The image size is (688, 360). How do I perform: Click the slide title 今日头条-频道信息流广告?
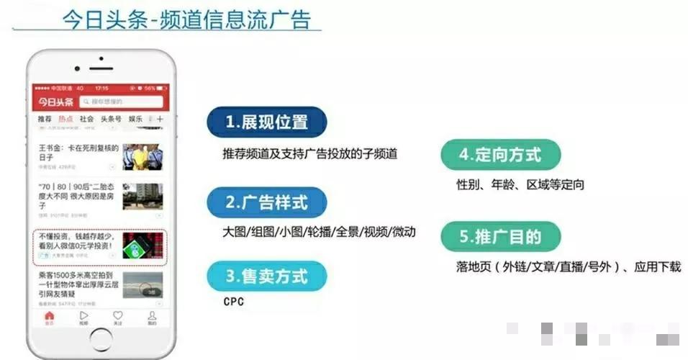pyautogui.click(x=186, y=19)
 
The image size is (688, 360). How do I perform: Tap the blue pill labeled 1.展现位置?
pyautogui.click(x=266, y=122)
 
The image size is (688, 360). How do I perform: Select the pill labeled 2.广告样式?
pyautogui.click(x=266, y=202)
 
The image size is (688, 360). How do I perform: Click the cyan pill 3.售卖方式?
pyautogui.click(x=266, y=276)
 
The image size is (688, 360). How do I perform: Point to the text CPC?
pyautogui.click(x=234, y=302)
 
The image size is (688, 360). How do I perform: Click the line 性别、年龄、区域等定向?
pyautogui.click(x=520, y=185)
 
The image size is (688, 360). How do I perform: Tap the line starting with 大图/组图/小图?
pyautogui.click(x=319, y=233)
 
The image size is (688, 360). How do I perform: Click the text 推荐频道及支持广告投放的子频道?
pyautogui.click(x=310, y=153)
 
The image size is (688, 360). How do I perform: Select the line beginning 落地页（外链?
pyautogui.click(x=568, y=266)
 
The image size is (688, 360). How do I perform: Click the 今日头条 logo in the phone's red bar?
pyautogui.click(x=56, y=102)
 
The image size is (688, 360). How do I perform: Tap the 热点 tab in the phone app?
pyautogui.click(x=65, y=119)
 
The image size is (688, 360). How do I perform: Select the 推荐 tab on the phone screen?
pyautogui.click(x=45, y=119)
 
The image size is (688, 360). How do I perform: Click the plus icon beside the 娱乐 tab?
pyautogui.click(x=160, y=119)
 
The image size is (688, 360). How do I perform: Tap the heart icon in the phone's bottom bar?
pyautogui.click(x=117, y=317)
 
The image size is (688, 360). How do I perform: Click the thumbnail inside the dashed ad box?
pyautogui.click(x=142, y=246)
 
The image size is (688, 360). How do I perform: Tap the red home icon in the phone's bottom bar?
pyautogui.click(x=49, y=317)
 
